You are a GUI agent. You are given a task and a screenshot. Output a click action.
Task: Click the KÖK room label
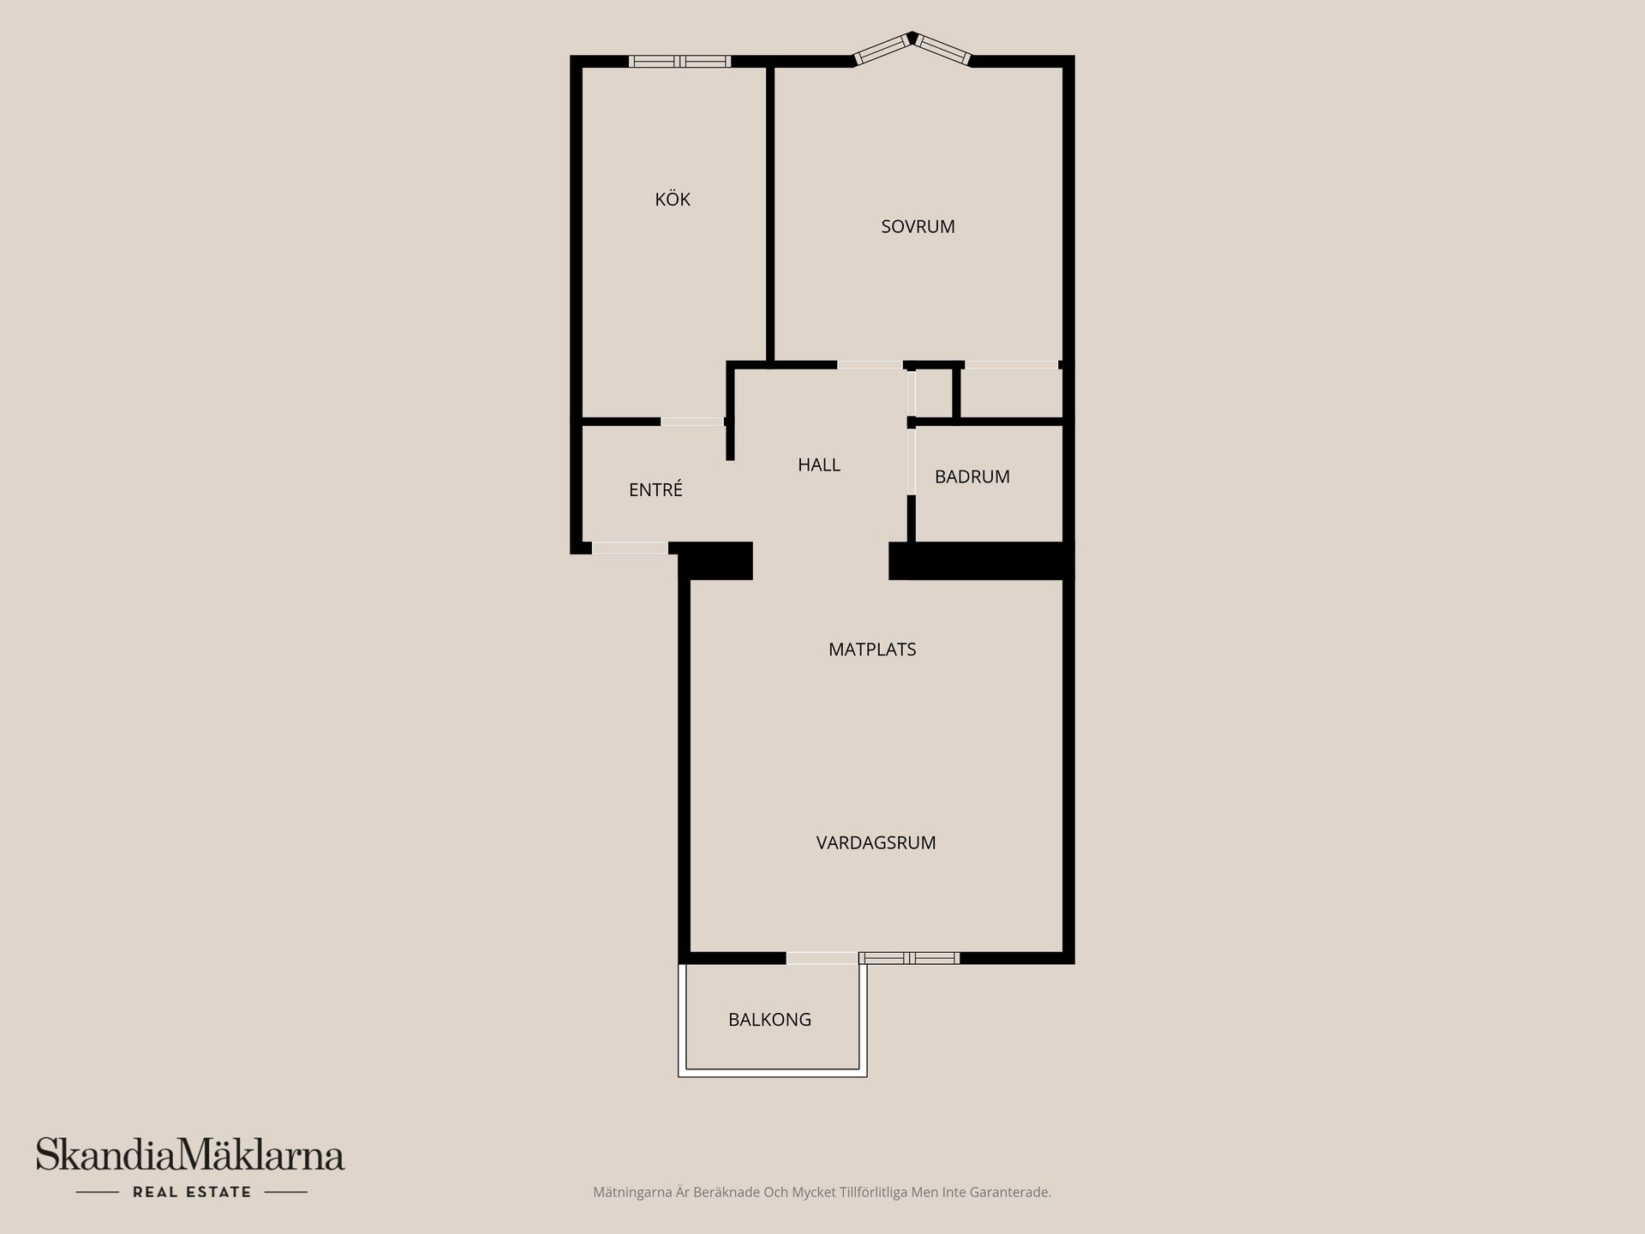pos(673,200)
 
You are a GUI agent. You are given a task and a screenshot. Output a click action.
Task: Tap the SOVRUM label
pos(918,226)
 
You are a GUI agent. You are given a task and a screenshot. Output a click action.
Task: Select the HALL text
pos(819,464)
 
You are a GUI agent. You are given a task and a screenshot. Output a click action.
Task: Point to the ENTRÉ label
pos(655,489)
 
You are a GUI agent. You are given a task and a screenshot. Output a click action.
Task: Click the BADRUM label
pos(972,476)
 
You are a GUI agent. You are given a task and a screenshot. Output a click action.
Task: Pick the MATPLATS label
pos(872,650)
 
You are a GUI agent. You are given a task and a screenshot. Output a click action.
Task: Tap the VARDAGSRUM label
pos(876,842)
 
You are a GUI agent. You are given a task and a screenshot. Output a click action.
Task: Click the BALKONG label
pos(769,1020)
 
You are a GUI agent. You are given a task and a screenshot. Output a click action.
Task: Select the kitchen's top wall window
pos(679,61)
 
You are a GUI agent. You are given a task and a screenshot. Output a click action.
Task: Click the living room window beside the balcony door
pos(909,958)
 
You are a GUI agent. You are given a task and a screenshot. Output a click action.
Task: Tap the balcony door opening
pos(822,958)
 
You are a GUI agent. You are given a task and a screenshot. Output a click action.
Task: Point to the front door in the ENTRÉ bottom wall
pos(630,548)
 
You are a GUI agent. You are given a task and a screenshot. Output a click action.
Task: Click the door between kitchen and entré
pos(692,422)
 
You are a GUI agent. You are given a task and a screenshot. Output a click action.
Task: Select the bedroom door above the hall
pos(870,365)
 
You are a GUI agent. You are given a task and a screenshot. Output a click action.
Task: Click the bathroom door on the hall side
pos(912,461)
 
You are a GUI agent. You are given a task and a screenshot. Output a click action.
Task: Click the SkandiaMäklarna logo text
pos(190,1155)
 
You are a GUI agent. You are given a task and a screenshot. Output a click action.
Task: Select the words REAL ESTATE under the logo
pos(192,1192)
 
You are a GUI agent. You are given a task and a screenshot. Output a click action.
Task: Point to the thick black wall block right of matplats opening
pos(981,561)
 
